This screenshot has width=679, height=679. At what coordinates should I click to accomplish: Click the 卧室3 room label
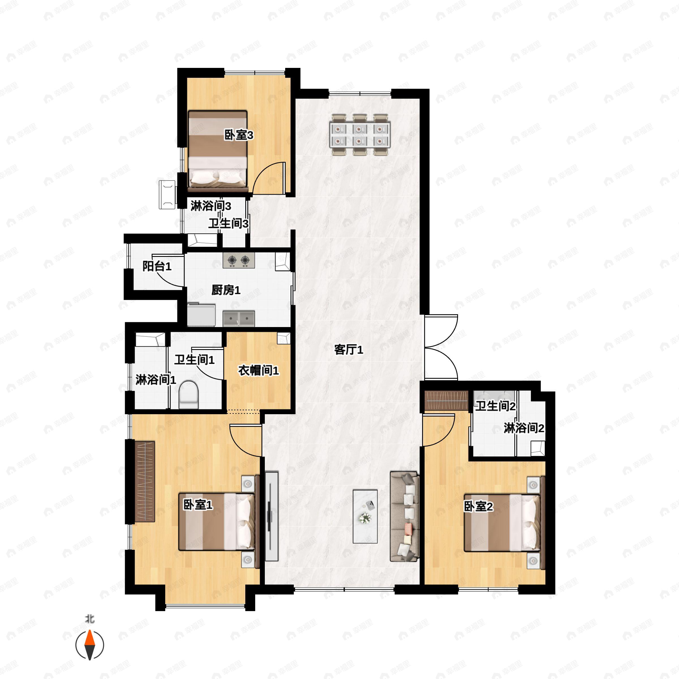pyautogui.click(x=238, y=135)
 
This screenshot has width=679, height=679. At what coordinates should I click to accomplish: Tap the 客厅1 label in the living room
pyautogui.click(x=348, y=350)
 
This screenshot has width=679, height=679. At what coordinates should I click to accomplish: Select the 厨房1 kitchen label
pyautogui.click(x=226, y=290)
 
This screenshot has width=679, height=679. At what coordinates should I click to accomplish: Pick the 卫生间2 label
pyautogui.click(x=495, y=406)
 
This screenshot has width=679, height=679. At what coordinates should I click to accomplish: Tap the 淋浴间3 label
pyautogui.click(x=210, y=206)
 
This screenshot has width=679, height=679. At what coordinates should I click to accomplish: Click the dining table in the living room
pyautogui.click(x=360, y=135)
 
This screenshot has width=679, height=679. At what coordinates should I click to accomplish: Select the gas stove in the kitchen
pyautogui.click(x=238, y=260)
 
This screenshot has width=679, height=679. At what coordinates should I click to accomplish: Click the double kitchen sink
pyautogui.click(x=238, y=318)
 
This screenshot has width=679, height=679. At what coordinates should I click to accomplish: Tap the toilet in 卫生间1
pyautogui.click(x=189, y=395)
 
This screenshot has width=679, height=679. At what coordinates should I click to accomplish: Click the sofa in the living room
pyautogui.click(x=404, y=517)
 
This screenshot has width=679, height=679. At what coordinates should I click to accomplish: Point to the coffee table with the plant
pyautogui.click(x=365, y=516)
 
